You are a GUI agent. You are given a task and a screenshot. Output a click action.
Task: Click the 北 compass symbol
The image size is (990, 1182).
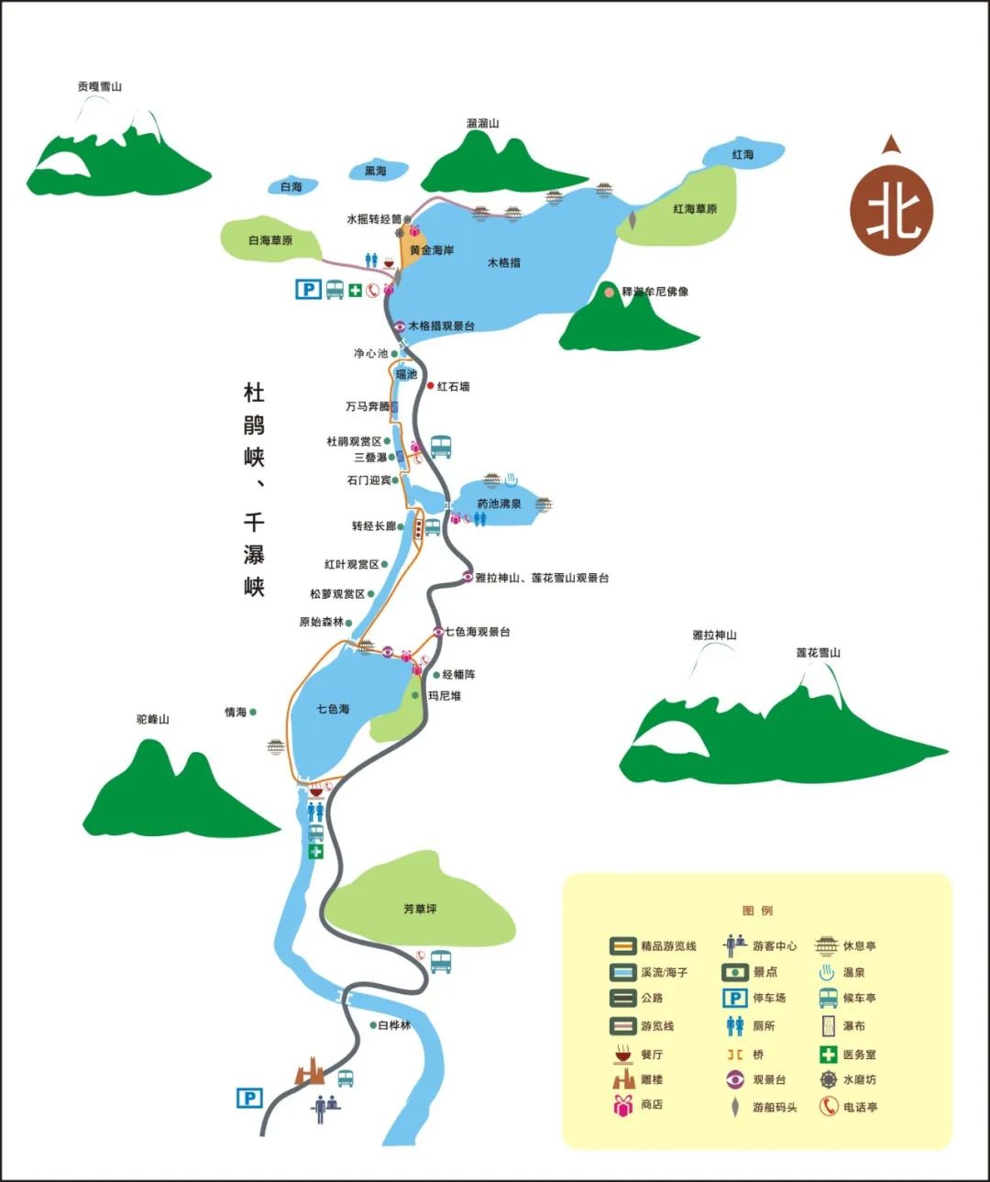[892, 210]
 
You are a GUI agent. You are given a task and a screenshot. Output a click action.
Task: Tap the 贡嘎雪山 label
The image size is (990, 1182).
[100, 86]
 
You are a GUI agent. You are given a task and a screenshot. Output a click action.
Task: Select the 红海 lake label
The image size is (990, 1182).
[742, 155]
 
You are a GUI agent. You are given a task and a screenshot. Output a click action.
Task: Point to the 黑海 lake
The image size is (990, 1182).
[376, 171]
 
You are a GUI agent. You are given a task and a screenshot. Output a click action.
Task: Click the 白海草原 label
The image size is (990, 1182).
[270, 240]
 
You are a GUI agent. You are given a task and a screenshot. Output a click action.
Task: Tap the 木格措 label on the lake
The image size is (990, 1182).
[503, 262]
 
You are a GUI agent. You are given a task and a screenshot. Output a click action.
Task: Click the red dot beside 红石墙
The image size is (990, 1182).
[430, 386]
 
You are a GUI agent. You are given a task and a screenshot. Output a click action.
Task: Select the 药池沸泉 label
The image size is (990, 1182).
[499, 503]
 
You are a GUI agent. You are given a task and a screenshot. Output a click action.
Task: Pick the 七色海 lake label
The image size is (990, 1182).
[333, 709]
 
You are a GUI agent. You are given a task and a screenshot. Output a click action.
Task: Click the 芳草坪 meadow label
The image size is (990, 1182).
[420, 909]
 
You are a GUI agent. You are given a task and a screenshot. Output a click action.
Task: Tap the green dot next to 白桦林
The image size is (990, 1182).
[372, 1025]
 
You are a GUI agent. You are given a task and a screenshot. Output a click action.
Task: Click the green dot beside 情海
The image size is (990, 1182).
[253, 712]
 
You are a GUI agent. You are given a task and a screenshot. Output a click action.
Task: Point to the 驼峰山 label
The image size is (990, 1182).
[153, 719]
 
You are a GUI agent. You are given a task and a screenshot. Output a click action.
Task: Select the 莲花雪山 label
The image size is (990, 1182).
[818, 652]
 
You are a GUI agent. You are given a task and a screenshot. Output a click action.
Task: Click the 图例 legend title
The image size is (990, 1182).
[757, 911]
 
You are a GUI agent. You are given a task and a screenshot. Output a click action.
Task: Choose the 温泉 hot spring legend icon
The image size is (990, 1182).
[827, 972]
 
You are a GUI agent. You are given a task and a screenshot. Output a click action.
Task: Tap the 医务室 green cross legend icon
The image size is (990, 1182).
[828, 1055]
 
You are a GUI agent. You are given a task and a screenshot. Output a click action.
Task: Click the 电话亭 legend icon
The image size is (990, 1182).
[828, 1107]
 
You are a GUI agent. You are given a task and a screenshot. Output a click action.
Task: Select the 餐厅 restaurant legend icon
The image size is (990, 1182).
[623, 1054]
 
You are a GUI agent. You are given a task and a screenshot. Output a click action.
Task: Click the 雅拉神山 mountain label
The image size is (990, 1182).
[714, 635]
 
